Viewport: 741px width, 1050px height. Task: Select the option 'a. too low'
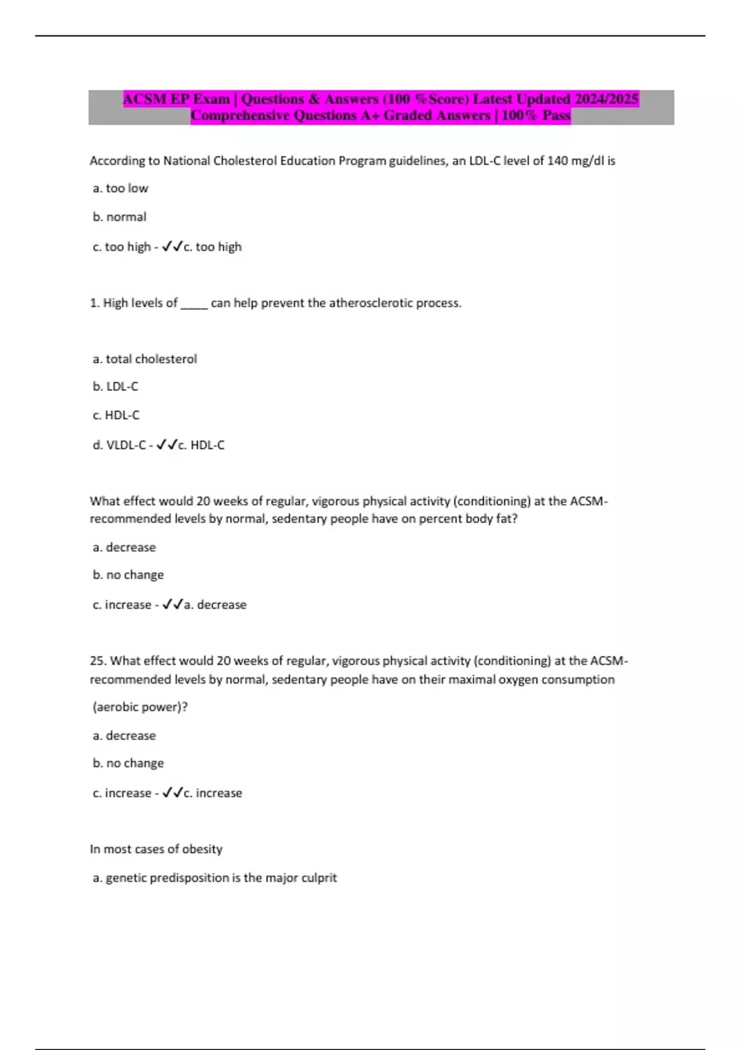point(120,188)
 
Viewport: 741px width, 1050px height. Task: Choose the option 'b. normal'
point(119,217)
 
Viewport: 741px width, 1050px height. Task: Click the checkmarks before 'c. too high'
point(172,247)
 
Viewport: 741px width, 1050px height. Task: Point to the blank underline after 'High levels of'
point(194,304)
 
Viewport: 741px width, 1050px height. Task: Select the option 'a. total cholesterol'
point(144,359)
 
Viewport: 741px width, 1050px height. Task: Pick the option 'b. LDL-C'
point(115,387)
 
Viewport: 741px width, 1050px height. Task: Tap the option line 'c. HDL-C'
point(116,415)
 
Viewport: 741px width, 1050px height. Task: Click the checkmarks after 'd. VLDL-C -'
point(167,445)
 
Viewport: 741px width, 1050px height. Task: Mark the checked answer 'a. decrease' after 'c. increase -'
point(216,605)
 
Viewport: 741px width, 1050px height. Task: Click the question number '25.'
point(98,661)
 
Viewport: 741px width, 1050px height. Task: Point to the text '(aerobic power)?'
point(140,707)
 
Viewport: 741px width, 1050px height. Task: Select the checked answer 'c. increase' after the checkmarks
point(213,793)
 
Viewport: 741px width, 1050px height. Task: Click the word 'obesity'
point(202,849)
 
